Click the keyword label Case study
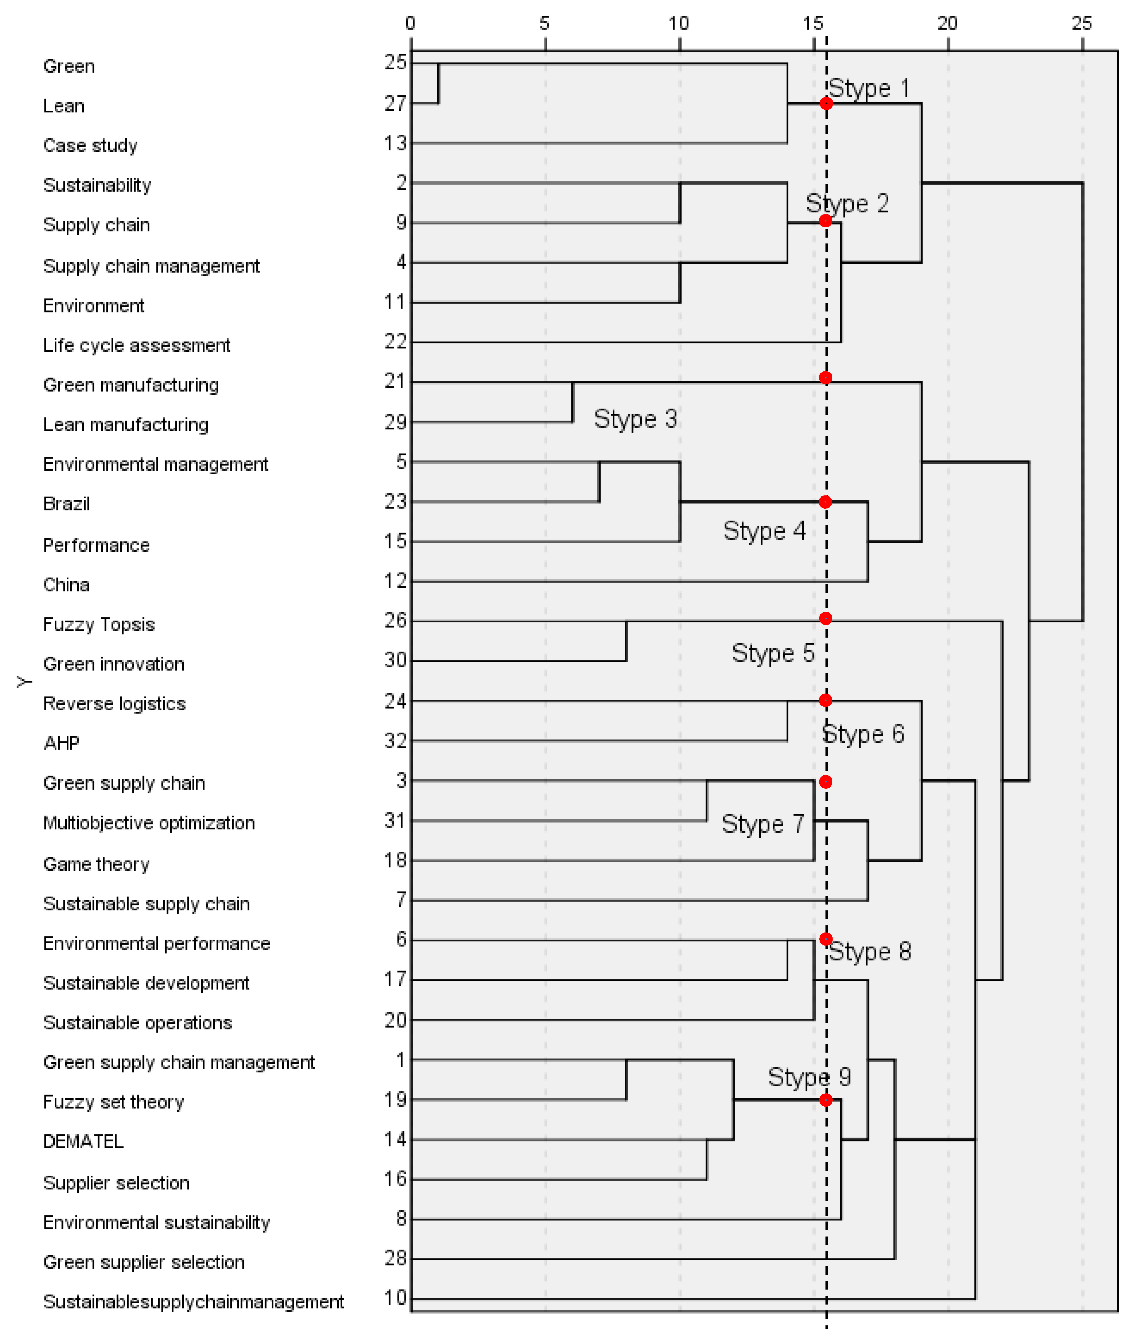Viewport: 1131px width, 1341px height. (x=90, y=145)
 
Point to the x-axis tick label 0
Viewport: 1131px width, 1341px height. (x=410, y=24)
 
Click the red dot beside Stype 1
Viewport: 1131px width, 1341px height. (x=826, y=103)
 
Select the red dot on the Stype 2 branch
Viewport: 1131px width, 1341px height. (x=826, y=221)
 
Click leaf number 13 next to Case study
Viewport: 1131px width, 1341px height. (x=396, y=143)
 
